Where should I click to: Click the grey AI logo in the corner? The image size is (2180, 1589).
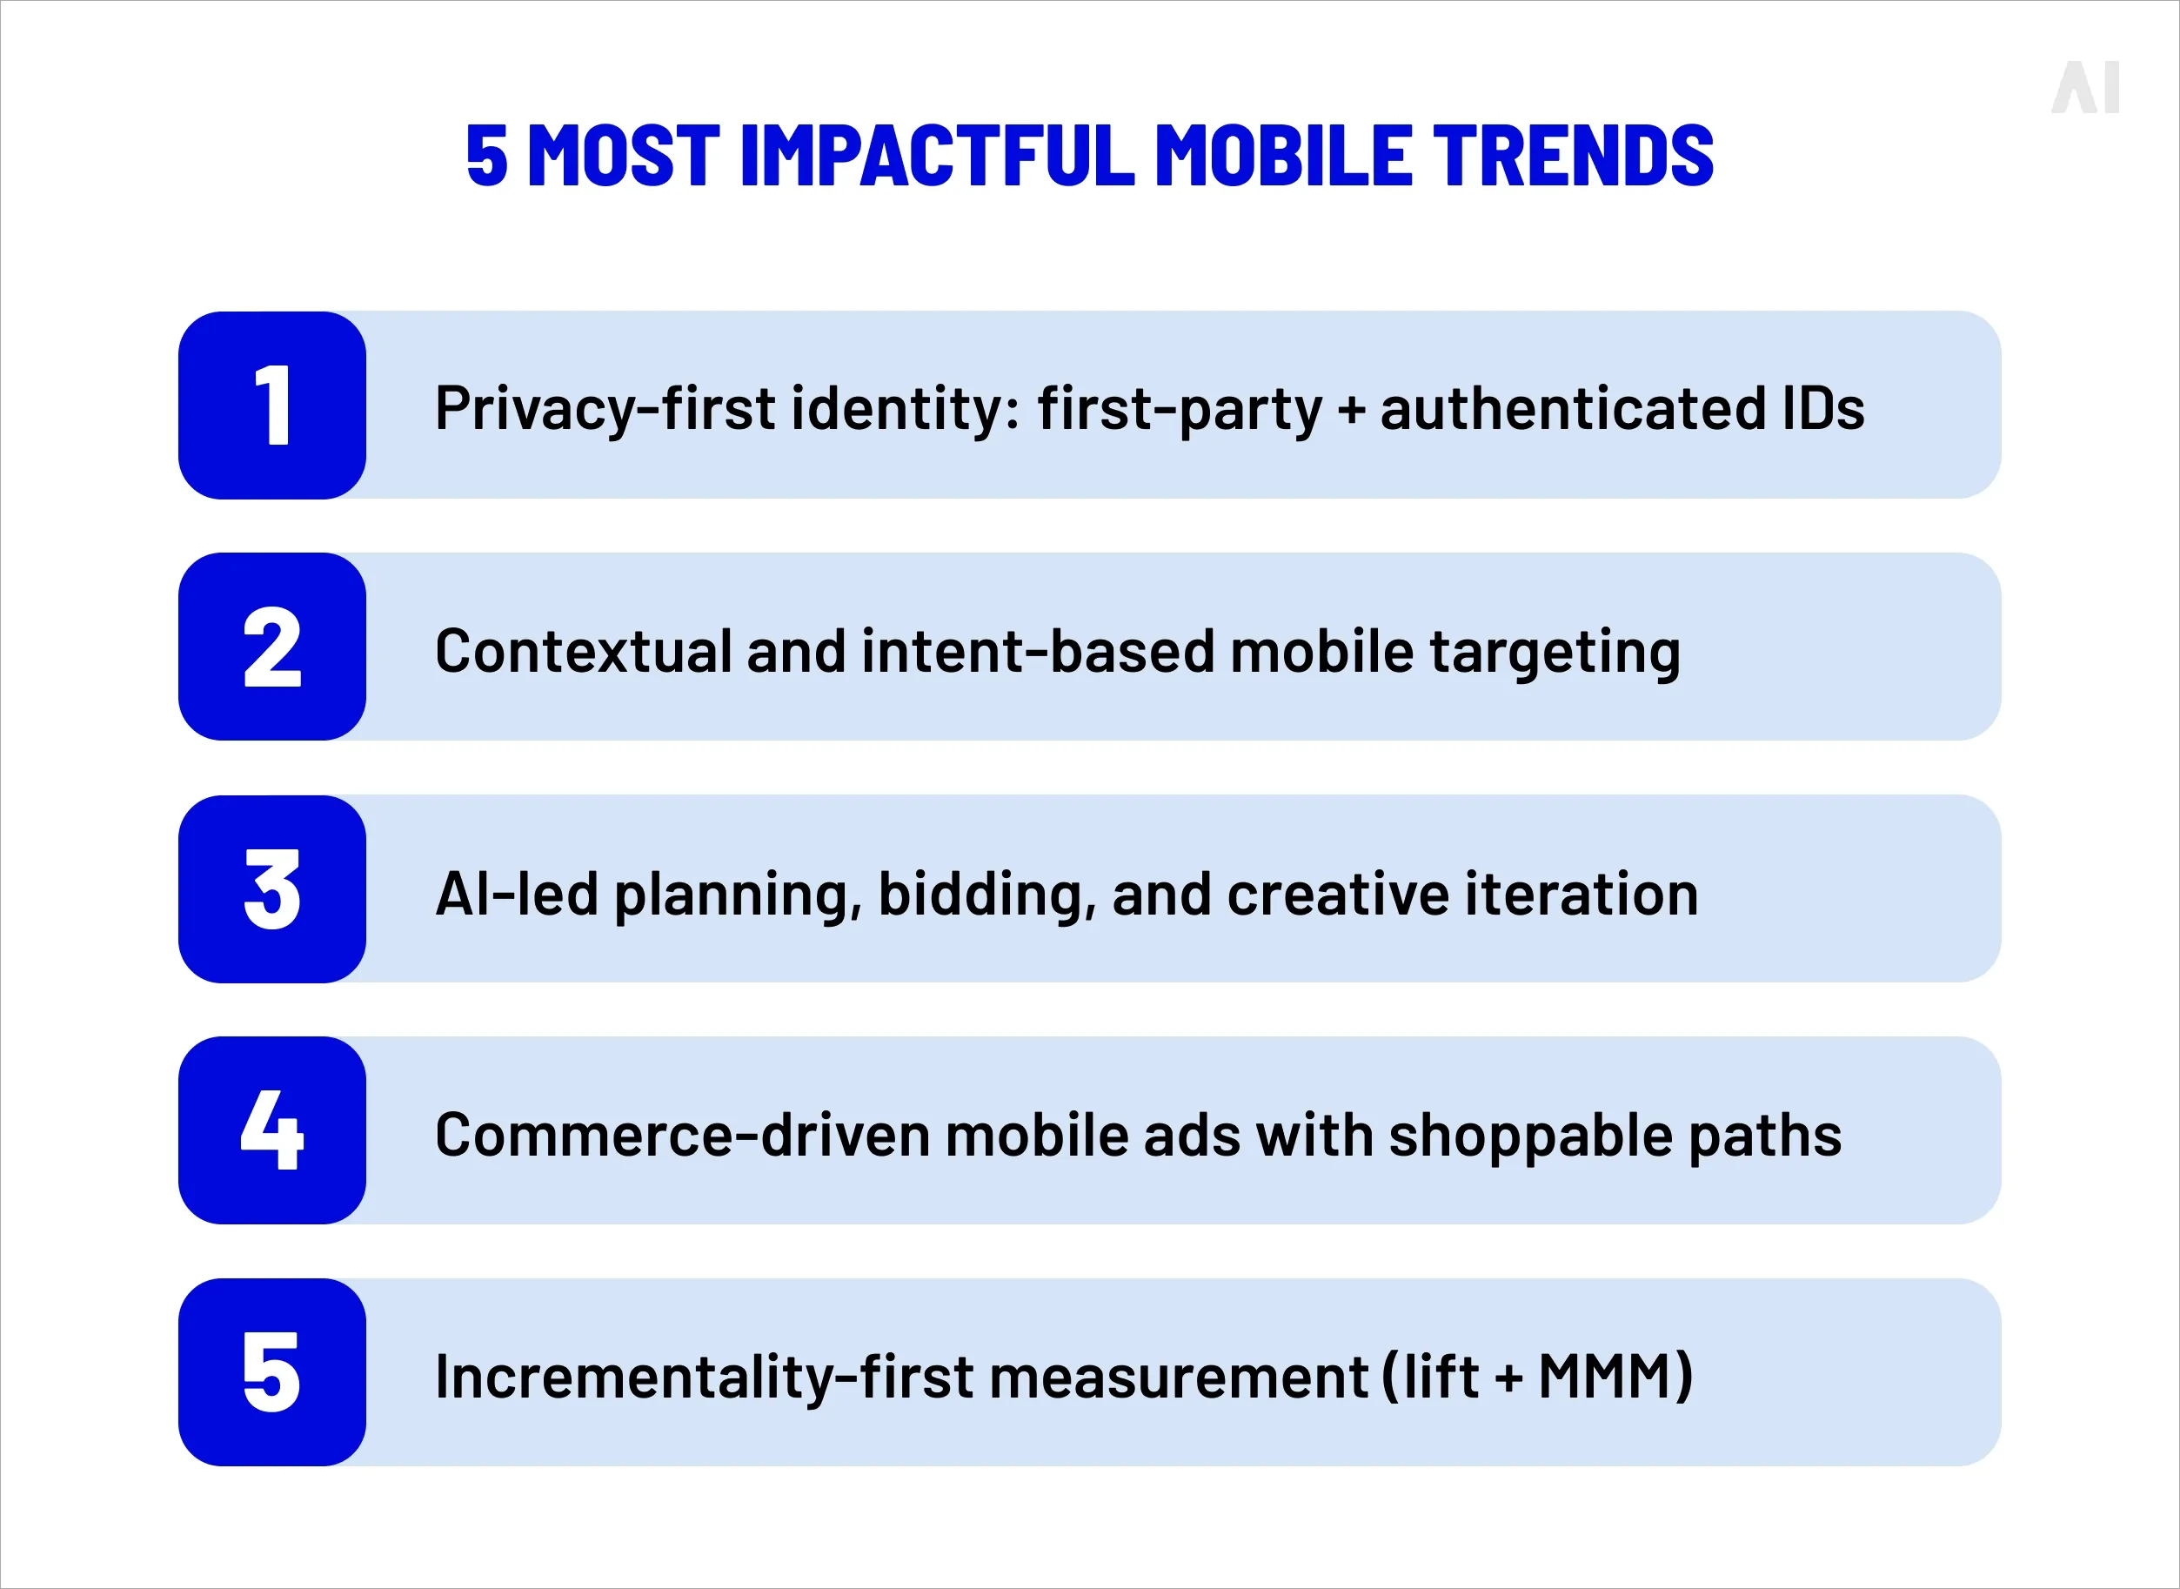coord(2085,88)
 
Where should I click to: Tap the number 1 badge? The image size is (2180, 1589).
coord(272,405)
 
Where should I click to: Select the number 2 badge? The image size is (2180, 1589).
coord(272,647)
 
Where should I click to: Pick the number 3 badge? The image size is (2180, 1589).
coord(272,888)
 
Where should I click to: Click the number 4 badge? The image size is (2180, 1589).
coord(272,1130)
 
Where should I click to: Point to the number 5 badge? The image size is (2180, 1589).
coord(272,1372)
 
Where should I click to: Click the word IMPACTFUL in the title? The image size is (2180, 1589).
coord(937,155)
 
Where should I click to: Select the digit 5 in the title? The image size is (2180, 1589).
coord(486,155)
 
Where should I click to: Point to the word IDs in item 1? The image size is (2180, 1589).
coord(1822,408)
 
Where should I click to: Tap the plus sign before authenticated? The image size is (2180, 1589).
coord(1351,410)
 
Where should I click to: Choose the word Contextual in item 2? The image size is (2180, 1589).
coord(583,651)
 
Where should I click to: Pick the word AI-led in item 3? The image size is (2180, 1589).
coord(518,894)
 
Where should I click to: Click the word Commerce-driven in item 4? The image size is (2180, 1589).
coord(682,1135)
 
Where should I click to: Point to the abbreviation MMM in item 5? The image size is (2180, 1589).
coord(1604,1377)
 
